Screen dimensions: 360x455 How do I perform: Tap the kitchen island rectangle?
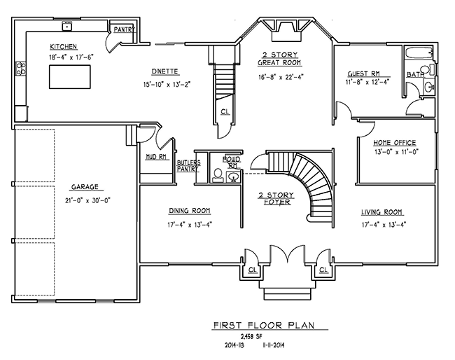(69, 76)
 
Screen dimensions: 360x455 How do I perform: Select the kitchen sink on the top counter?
(68, 26)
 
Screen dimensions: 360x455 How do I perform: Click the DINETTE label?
(165, 71)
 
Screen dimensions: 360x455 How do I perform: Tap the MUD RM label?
(155, 158)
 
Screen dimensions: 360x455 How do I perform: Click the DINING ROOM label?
(190, 212)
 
